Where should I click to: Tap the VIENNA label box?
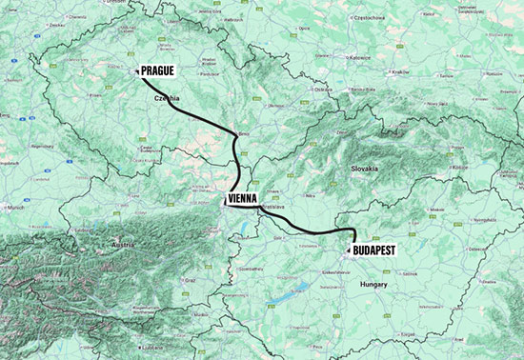(246, 200)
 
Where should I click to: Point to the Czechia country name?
(166, 97)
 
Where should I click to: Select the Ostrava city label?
(323, 90)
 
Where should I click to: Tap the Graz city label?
(191, 280)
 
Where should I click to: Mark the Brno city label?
(243, 134)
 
